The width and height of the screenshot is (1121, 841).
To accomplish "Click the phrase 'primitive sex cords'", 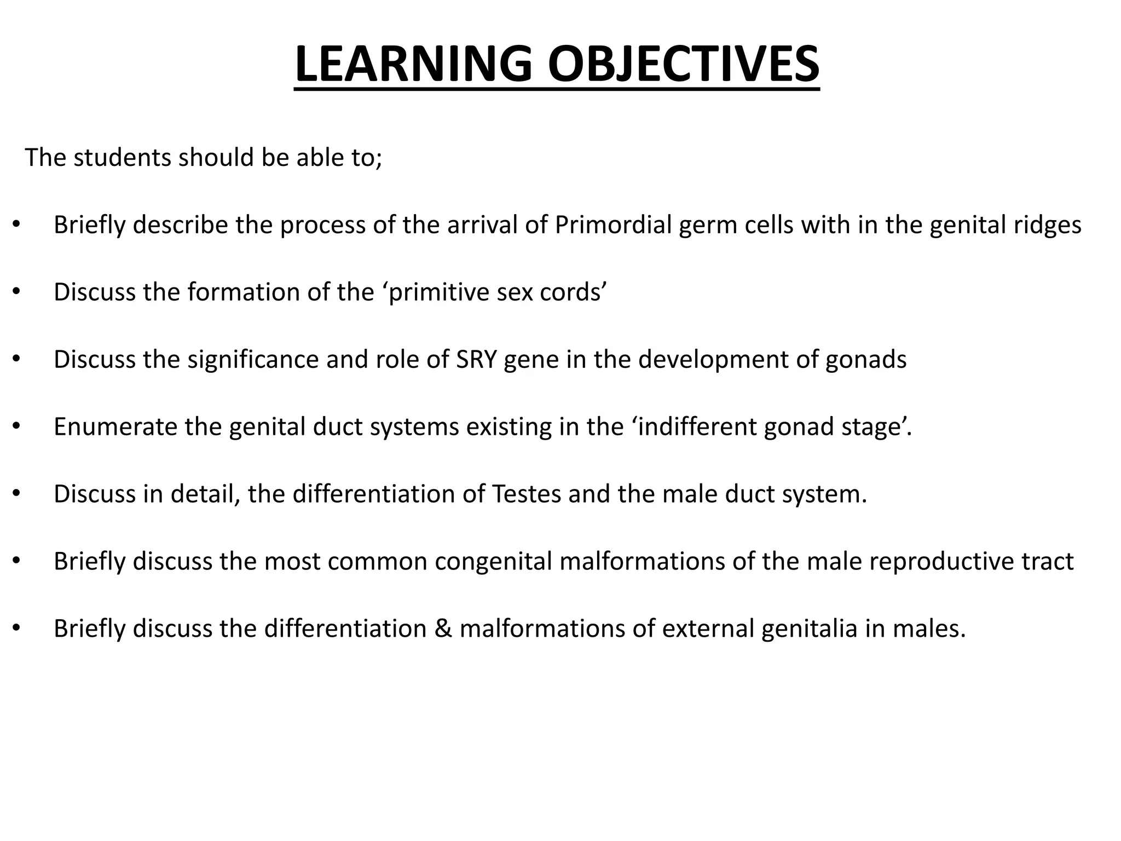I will [498, 292].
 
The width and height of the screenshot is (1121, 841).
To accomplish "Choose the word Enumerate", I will [115, 427].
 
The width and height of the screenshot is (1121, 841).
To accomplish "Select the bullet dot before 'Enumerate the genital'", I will [16, 427].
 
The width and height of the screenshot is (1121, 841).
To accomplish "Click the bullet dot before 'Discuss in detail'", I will [16, 494].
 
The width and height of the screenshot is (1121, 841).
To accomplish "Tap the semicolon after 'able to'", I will [379, 159].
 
